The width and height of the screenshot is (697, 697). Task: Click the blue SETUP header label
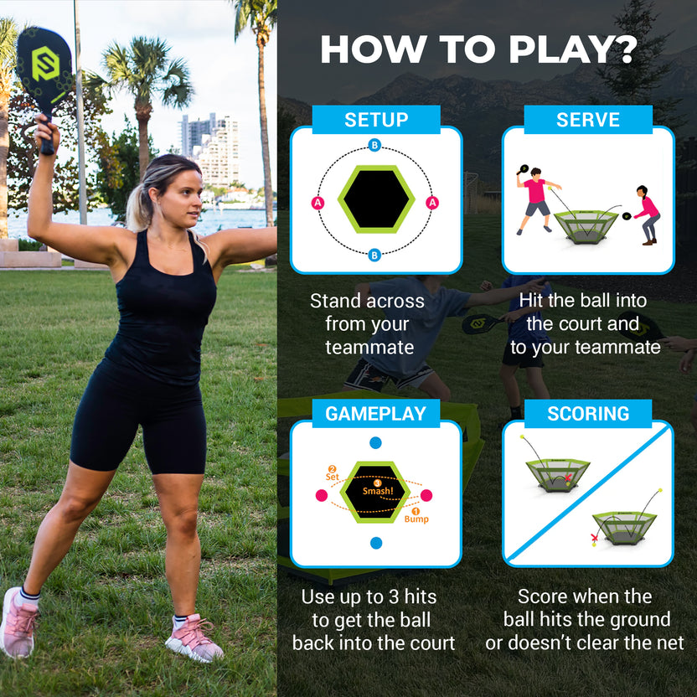point(375,120)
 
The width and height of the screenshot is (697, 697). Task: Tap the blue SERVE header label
point(587,120)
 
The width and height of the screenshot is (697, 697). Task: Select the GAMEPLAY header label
point(375,414)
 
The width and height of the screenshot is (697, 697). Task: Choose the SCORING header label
point(587,414)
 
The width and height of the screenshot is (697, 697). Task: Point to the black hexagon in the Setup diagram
point(375,199)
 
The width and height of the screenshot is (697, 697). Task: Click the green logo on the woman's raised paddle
point(45,65)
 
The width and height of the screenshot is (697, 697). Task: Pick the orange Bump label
point(416,518)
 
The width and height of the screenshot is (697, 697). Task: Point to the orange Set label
point(333,476)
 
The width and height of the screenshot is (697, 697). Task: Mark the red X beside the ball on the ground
point(596,537)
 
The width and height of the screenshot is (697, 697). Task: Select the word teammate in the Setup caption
point(369,346)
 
